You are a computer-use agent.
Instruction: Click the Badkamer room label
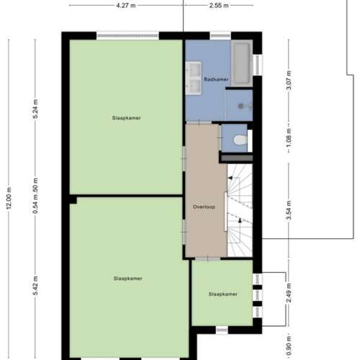(216, 78)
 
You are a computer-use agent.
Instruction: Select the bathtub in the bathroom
(241, 64)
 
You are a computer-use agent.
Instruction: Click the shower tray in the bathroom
(239, 105)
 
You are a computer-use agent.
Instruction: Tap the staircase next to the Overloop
(240, 209)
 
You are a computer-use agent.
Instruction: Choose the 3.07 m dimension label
(289, 79)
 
